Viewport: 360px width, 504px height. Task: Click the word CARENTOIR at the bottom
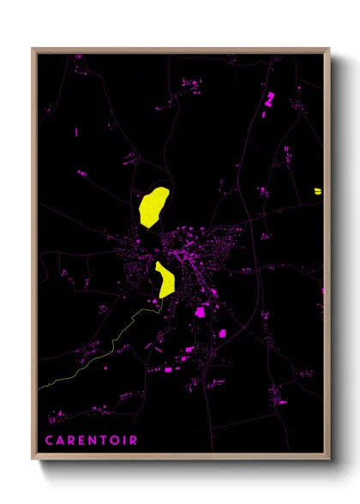91,441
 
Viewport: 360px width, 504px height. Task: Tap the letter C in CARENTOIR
50,441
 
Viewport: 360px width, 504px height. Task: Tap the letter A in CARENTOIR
60,441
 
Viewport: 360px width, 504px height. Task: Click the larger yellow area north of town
152,206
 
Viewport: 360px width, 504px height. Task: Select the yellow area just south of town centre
165,279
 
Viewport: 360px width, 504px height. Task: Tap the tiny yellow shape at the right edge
317,190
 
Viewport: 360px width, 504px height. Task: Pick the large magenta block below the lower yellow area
202,312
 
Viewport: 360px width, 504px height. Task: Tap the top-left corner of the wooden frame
33,49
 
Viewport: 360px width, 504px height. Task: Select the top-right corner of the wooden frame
329,49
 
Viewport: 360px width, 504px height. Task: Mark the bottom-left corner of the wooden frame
33,460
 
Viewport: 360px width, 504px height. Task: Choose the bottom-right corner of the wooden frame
329,460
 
